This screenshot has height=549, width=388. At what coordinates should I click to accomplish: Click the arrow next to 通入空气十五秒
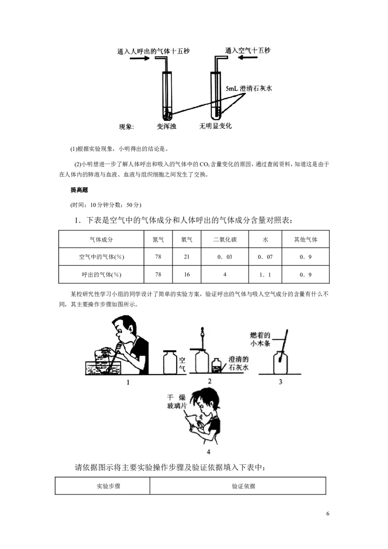click(x=249, y=58)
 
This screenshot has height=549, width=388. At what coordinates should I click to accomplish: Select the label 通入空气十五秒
click(x=247, y=50)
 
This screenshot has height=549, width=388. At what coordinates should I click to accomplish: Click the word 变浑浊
click(x=167, y=127)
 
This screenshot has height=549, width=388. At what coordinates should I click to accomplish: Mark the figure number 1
click(x=128, y=382)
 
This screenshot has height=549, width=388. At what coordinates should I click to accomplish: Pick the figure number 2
click(x=210, y=381)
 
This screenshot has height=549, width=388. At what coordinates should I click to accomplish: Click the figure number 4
click(x=209, y=452)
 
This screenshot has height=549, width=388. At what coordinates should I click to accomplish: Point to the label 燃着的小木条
click(x=270, y=339)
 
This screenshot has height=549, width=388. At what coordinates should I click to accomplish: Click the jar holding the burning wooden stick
click(x=281, y=363)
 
